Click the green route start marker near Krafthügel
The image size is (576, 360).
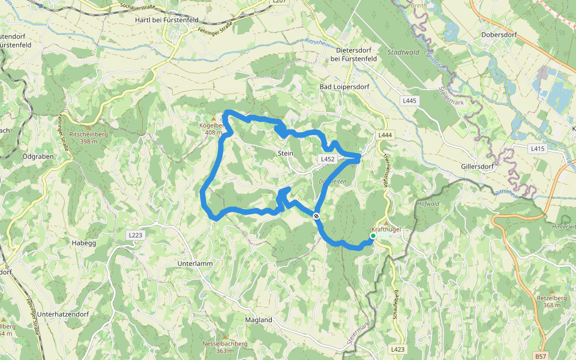(373, 236)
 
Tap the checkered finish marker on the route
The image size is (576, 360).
(316, 216)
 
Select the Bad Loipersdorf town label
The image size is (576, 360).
(344, 87)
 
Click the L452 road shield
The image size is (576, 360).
(327, 159)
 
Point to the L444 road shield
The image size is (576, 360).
(385, 136)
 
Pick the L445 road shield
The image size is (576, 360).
(410, 100)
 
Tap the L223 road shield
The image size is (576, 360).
(135, 235)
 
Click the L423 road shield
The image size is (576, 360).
(397, 349)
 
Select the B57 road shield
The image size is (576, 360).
(541, 356)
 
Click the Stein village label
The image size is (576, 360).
(286, 154)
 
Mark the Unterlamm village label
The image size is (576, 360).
(196, 263)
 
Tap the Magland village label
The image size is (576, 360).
(259, 320)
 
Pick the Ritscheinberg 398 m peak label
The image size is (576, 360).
(89, 137)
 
